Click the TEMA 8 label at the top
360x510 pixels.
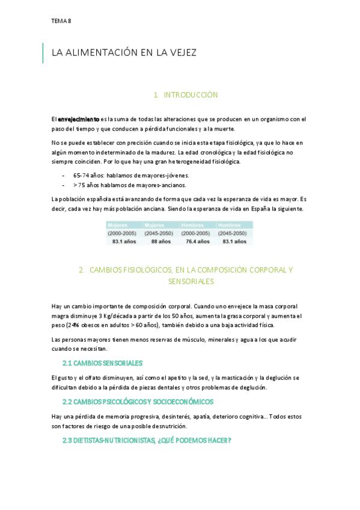(x=61, y=21)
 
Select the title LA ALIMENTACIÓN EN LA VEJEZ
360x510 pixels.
(x=124, y=53)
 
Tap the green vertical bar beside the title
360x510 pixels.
(x=43, y=53)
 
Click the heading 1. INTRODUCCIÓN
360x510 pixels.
(x=185, y=95)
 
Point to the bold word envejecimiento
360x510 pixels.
(x=79, y=119)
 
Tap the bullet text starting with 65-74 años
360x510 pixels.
(x=131, y=175)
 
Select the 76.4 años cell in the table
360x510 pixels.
(x=196, y=241)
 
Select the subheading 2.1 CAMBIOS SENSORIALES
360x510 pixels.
(x=102, y=363)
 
